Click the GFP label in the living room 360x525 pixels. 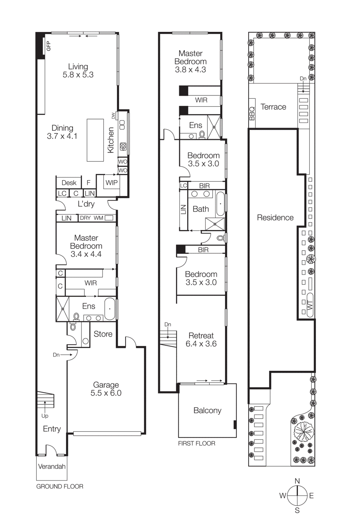49,46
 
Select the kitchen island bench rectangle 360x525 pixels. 95,140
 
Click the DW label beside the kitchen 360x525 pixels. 113,116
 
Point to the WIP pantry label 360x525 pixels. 112,183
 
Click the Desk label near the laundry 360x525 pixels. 69,183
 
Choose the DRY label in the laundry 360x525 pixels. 85,218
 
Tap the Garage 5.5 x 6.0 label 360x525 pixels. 106,389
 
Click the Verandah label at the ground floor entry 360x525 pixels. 52,466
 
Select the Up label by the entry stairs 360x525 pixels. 45,416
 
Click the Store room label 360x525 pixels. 103,334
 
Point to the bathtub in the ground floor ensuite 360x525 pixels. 110,309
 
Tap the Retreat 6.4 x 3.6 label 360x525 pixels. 201,340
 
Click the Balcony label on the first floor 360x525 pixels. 207,410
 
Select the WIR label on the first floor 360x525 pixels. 201,100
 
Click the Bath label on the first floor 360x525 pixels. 201,209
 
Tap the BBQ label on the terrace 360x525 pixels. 252,113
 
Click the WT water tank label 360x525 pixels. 310,305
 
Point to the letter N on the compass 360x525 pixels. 297,481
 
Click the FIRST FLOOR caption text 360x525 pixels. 197,443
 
